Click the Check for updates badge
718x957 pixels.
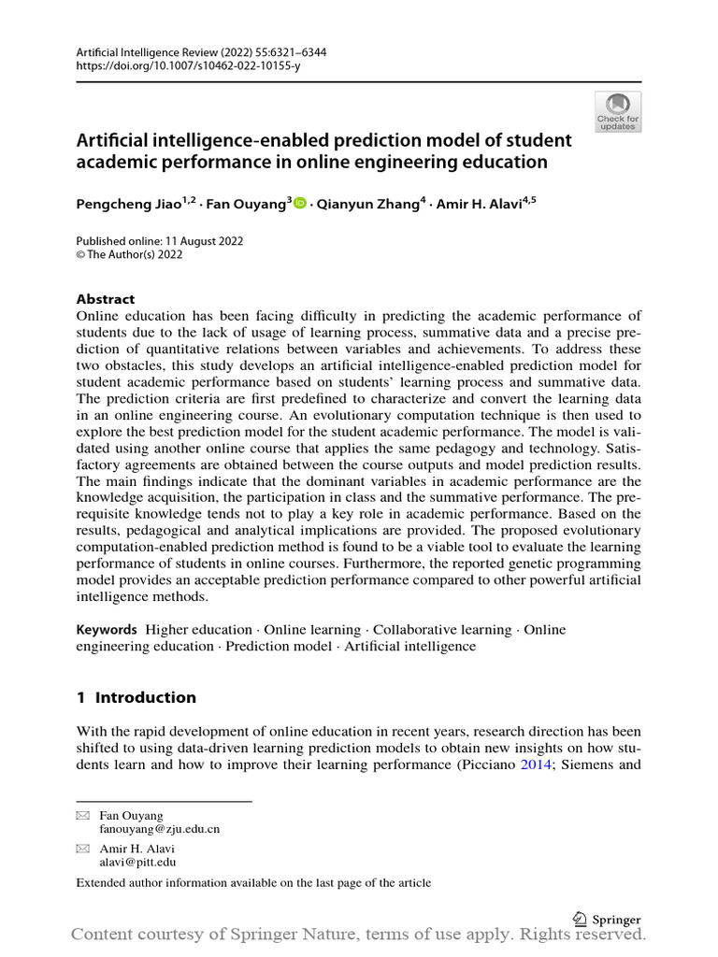click(x=618, y=111)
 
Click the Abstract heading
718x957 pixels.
click(x=105, y=299)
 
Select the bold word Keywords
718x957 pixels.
click(x=107, y=630)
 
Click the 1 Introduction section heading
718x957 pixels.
click(x=136, y=697)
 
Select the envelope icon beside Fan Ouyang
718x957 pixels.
click(x=82, y=816)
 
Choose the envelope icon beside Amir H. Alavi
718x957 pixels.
click(x=82, y=849)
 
